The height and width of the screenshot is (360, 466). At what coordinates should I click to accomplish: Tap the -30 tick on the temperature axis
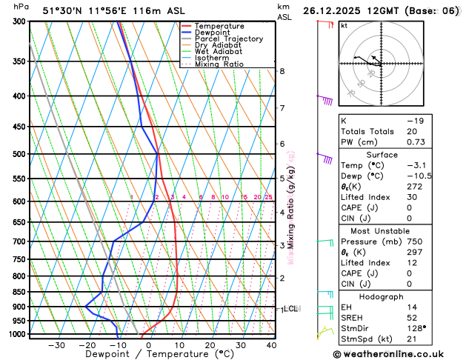click(x=56, y=345)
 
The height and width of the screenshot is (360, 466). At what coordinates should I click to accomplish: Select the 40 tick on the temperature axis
click(x=271, y=345)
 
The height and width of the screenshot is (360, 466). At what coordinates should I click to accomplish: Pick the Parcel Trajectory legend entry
click(x=228, y=39)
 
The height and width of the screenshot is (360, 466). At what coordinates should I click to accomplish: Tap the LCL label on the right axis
click(x=290, y=309)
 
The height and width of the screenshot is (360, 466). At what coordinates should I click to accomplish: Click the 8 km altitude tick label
click(x=282, y=71)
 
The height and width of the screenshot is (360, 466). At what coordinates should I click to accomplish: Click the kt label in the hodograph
click(x=344, y=25)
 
